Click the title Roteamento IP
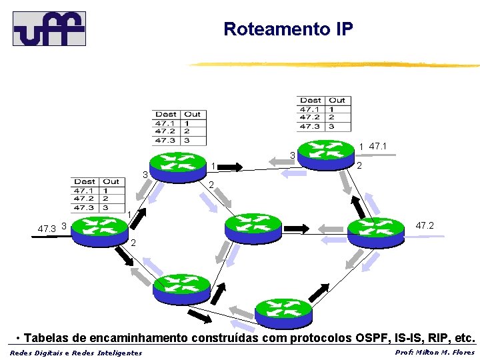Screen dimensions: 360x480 (x=288, y=29)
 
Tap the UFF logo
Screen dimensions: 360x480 (x=49, y=28)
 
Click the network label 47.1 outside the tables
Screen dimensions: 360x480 (x=377, y=145)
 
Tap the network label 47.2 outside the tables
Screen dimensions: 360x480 (x=425, y=226)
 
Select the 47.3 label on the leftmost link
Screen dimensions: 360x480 (x=46, y=229)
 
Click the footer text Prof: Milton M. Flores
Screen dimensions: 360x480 (x=435, y=352)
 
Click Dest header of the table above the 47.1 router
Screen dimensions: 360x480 (x=310, y=101)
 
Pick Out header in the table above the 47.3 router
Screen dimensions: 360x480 (x=111, y=181)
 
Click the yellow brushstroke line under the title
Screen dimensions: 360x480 (x=333, y=65)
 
